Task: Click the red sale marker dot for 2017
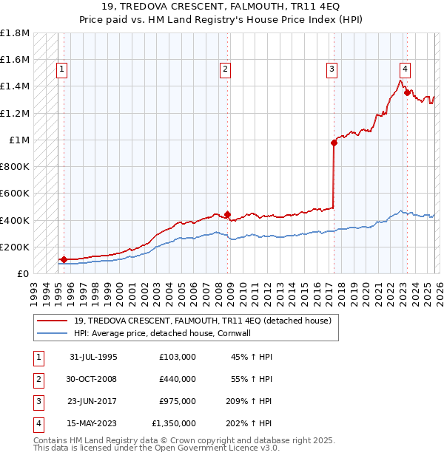(x=334, y=143)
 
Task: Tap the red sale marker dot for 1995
(x=64, y=259)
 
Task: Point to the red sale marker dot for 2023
(x=406, y=93)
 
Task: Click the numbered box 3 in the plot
(x=332, y=70)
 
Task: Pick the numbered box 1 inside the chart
(x=61, y=70)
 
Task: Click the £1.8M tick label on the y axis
(x=15, y=33)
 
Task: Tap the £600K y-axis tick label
(x=15, y=194)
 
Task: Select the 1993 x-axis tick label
(x=34, y=288)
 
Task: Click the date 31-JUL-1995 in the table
(x=93, y=357)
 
